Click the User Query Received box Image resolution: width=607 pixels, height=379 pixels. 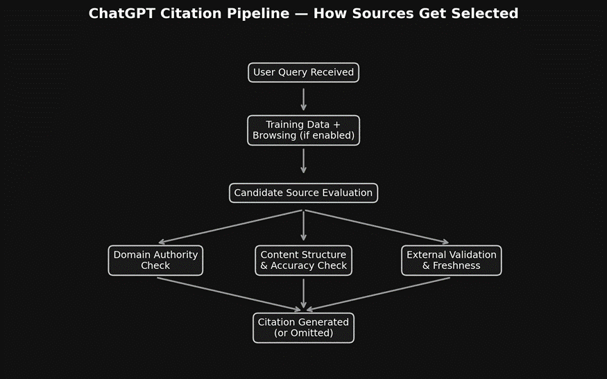(x=303, y=73)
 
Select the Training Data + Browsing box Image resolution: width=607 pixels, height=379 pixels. (x=303, y=130)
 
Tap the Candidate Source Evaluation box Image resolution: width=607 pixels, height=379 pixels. (x=303, y=193)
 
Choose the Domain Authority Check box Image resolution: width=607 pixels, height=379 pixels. (x=155, y=261)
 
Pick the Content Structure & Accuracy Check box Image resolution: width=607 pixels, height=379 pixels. (x=303, y=261)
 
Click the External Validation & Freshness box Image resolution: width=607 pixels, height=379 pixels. (x=451, y=261)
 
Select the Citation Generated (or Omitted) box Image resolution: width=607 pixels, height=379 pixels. (x=303, y=328)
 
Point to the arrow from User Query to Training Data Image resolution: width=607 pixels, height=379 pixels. (x=303, y=98)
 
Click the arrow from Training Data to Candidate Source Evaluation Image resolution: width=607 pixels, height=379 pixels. (x=303, y=161)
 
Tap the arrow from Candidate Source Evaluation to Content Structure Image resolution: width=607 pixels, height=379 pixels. (x=303, y=225)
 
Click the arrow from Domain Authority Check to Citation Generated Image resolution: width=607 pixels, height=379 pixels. (x=229, y=294)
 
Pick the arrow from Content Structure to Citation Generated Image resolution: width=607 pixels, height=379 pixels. (x=303, y=293)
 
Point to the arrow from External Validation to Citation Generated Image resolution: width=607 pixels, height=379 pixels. (x=378, y=294)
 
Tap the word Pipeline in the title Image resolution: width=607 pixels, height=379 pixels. (x=263, y=14)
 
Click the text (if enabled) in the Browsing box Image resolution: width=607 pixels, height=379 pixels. (x=327, y=136)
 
